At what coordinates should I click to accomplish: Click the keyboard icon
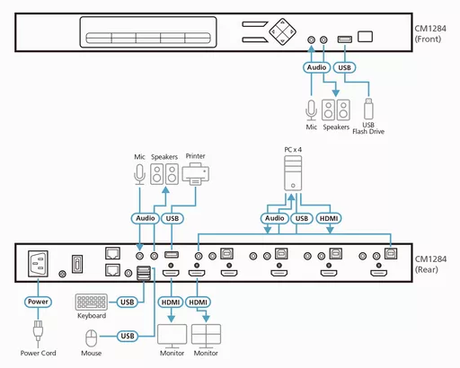91,302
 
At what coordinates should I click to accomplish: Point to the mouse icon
91,337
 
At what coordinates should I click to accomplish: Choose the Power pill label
37,302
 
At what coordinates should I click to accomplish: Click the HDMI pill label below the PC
329,217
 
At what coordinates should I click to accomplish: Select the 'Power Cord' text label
37,355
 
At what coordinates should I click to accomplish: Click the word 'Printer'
195,155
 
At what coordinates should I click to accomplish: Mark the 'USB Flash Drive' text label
367,131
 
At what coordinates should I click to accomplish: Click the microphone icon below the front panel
312,109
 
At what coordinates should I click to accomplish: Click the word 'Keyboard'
91,316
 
